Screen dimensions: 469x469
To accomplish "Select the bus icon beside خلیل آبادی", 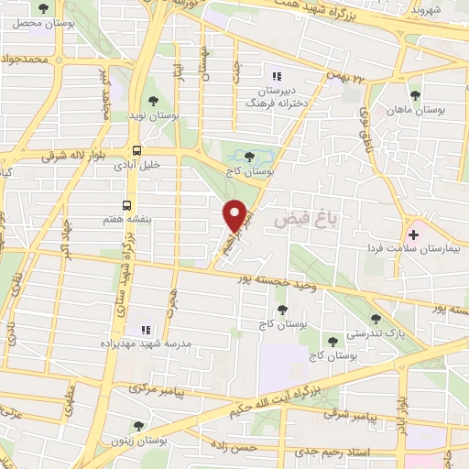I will click(136, 151).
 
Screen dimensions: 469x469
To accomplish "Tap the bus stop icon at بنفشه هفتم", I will click(126, 206).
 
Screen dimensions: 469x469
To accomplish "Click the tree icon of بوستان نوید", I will click(154, 103).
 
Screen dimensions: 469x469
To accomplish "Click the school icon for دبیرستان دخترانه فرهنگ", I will click(272, 76).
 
